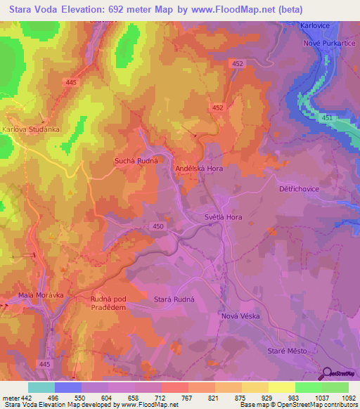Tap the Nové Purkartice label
325,43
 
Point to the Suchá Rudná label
135,161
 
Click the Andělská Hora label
199,169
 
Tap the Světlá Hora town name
223,217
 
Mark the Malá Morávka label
35,295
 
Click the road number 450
158,226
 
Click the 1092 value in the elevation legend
345,398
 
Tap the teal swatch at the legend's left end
41,387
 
